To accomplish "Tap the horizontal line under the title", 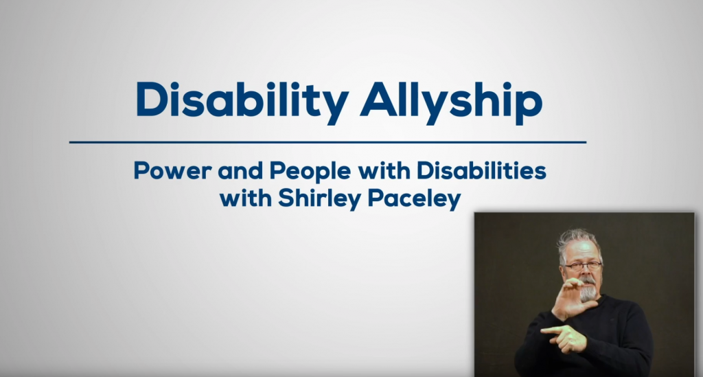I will coord(328,142).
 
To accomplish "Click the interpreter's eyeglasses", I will coord(582,265).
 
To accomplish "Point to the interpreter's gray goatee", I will coord(588,293).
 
